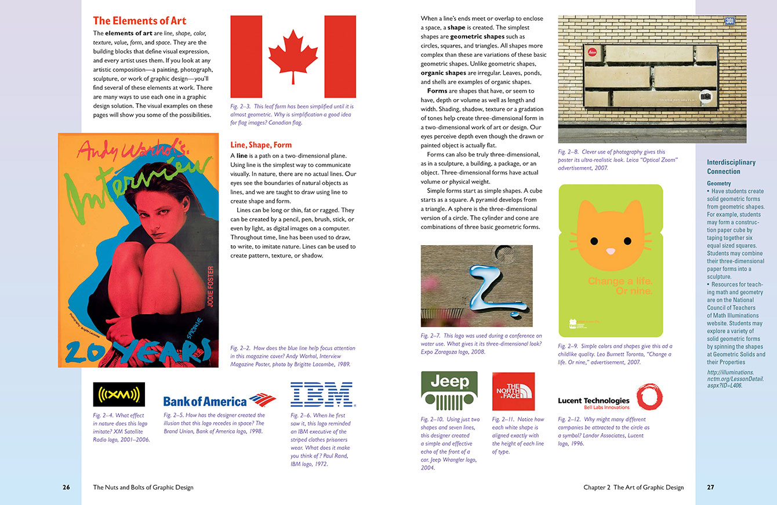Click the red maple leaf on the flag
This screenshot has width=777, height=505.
click(293, 55)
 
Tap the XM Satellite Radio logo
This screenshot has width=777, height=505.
click(119, 395)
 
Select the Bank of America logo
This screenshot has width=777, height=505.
click(219, 401)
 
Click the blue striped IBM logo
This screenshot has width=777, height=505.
click(322, 394)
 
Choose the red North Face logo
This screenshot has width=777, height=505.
click(513, 392)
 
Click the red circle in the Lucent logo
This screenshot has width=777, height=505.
click(649, 397)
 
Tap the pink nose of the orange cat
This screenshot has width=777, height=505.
click(611, 251)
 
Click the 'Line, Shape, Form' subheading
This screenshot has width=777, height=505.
click(261, 145)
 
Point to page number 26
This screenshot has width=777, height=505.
click(66, 488)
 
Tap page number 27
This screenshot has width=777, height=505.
click(710, 488)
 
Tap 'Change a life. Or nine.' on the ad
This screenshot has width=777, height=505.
click(620, 286)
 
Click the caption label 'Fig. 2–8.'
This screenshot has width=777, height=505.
click(568, 152)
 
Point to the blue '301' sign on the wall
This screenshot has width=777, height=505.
click(731, 21)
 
